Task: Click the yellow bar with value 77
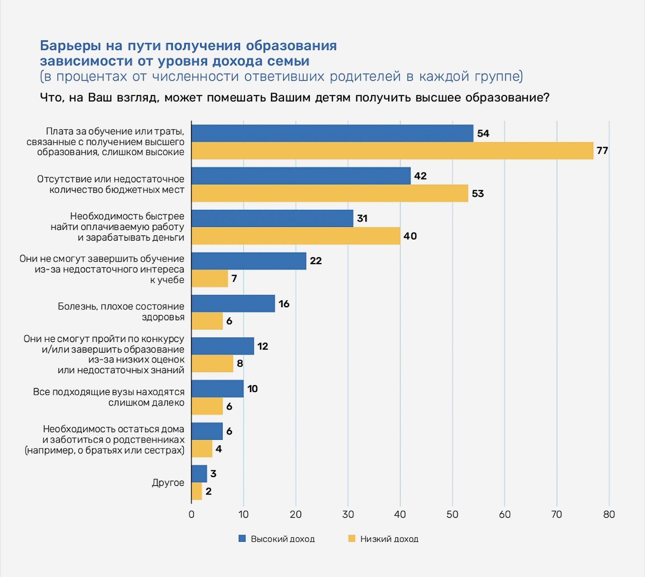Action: pos(392,151)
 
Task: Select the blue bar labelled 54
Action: pos(332,133)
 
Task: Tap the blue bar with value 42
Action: pos(301,176)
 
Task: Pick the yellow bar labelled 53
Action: pos(330,193)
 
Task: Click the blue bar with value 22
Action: pos(249,261)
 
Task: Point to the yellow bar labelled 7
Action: pos(209,278)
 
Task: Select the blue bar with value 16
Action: pos(233,304)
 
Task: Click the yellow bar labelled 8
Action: pos(212,364)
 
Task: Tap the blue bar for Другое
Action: pos(199,474)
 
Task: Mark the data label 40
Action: pos(410,236)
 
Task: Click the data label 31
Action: pos(362,218)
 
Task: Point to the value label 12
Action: pos(263,346)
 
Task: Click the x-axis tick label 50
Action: pos(452,515)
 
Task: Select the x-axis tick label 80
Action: pos(609,515)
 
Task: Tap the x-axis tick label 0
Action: pos(191,515)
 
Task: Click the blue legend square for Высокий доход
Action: pos(242,539)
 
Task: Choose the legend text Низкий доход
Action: pos(389,539)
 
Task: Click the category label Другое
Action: pos(168,483)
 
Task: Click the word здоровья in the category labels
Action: pos(163,317)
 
